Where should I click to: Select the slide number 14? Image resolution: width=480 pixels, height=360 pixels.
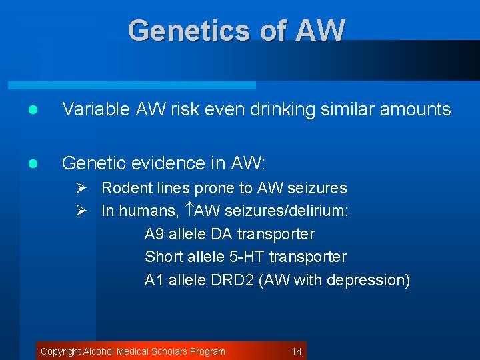click(x=297, y=351)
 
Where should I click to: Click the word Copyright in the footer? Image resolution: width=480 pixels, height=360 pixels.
click(x=61, y=351)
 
